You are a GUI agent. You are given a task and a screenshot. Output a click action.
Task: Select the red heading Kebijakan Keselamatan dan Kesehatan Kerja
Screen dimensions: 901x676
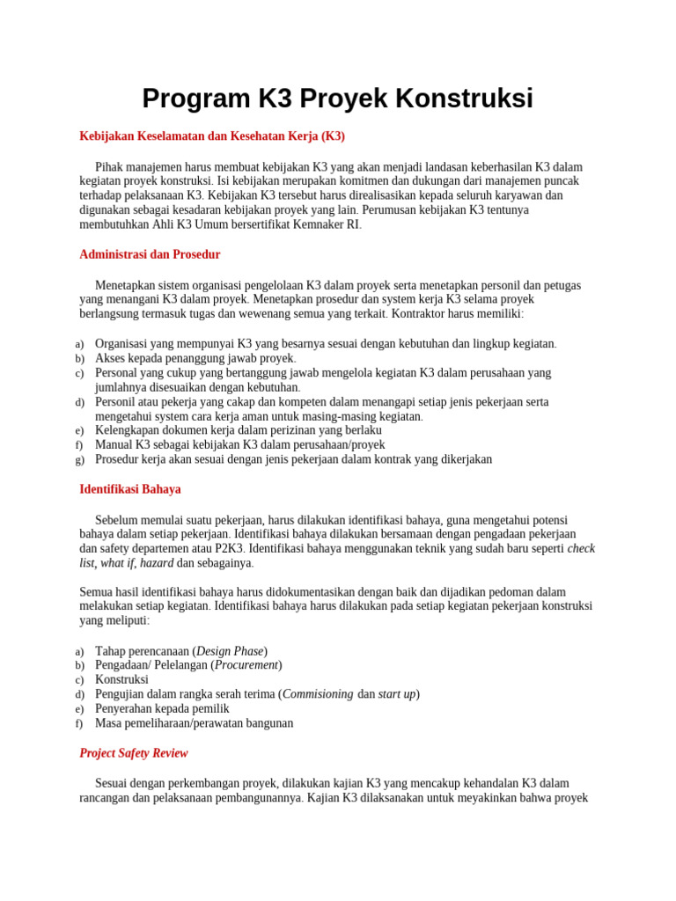pos(212,136)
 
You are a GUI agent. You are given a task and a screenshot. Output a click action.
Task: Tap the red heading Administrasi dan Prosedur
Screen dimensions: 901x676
pos(150,254)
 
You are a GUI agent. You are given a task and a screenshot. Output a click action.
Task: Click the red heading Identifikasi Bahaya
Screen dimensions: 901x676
pos(130,488)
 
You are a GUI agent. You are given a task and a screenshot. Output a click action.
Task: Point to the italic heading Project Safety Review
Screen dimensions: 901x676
pos(134,753)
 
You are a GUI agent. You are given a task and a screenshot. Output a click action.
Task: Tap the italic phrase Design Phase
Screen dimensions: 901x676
pos(230,651)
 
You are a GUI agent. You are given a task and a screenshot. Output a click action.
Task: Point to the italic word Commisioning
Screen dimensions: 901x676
pos(317,694)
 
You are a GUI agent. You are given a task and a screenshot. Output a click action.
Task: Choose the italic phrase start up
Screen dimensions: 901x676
pos(397,694)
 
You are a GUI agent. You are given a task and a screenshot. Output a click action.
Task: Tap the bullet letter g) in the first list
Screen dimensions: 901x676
pos(79,460)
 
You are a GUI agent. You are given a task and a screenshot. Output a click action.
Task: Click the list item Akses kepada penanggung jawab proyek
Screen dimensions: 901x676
pos(195,358)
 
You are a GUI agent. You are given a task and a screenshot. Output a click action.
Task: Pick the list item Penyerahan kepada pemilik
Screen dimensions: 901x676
pos(162,708)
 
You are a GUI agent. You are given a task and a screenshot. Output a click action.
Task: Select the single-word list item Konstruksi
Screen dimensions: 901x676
pos(121,679)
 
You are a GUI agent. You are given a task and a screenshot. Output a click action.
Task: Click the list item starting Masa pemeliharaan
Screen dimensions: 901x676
pos(194,723)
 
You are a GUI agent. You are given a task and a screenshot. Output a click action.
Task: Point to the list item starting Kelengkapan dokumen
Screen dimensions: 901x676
pos(238,430)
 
